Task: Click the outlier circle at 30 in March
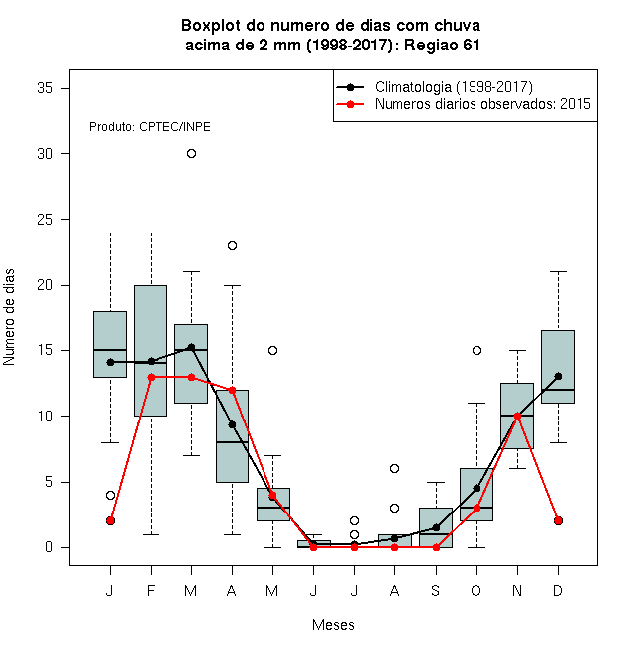(191, 154)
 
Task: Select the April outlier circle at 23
(233, 246)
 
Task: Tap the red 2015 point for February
(151, 377)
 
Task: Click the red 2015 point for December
(558, 521)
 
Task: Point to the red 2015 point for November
(518, 416)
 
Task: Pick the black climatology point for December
(558, 377)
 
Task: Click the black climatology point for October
(476, 488)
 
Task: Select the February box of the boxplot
(151, 350)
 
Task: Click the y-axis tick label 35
(45, 88)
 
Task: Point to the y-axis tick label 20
(45, 285)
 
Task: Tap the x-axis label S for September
(436, 591)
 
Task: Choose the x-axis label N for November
(517, 591)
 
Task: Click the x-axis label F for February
(151, 591)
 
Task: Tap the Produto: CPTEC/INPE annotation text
(150, 127)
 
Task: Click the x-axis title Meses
(333, 625)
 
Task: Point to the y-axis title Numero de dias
(9, 318)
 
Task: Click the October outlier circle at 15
(476, 351)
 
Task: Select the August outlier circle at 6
(394, 469)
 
